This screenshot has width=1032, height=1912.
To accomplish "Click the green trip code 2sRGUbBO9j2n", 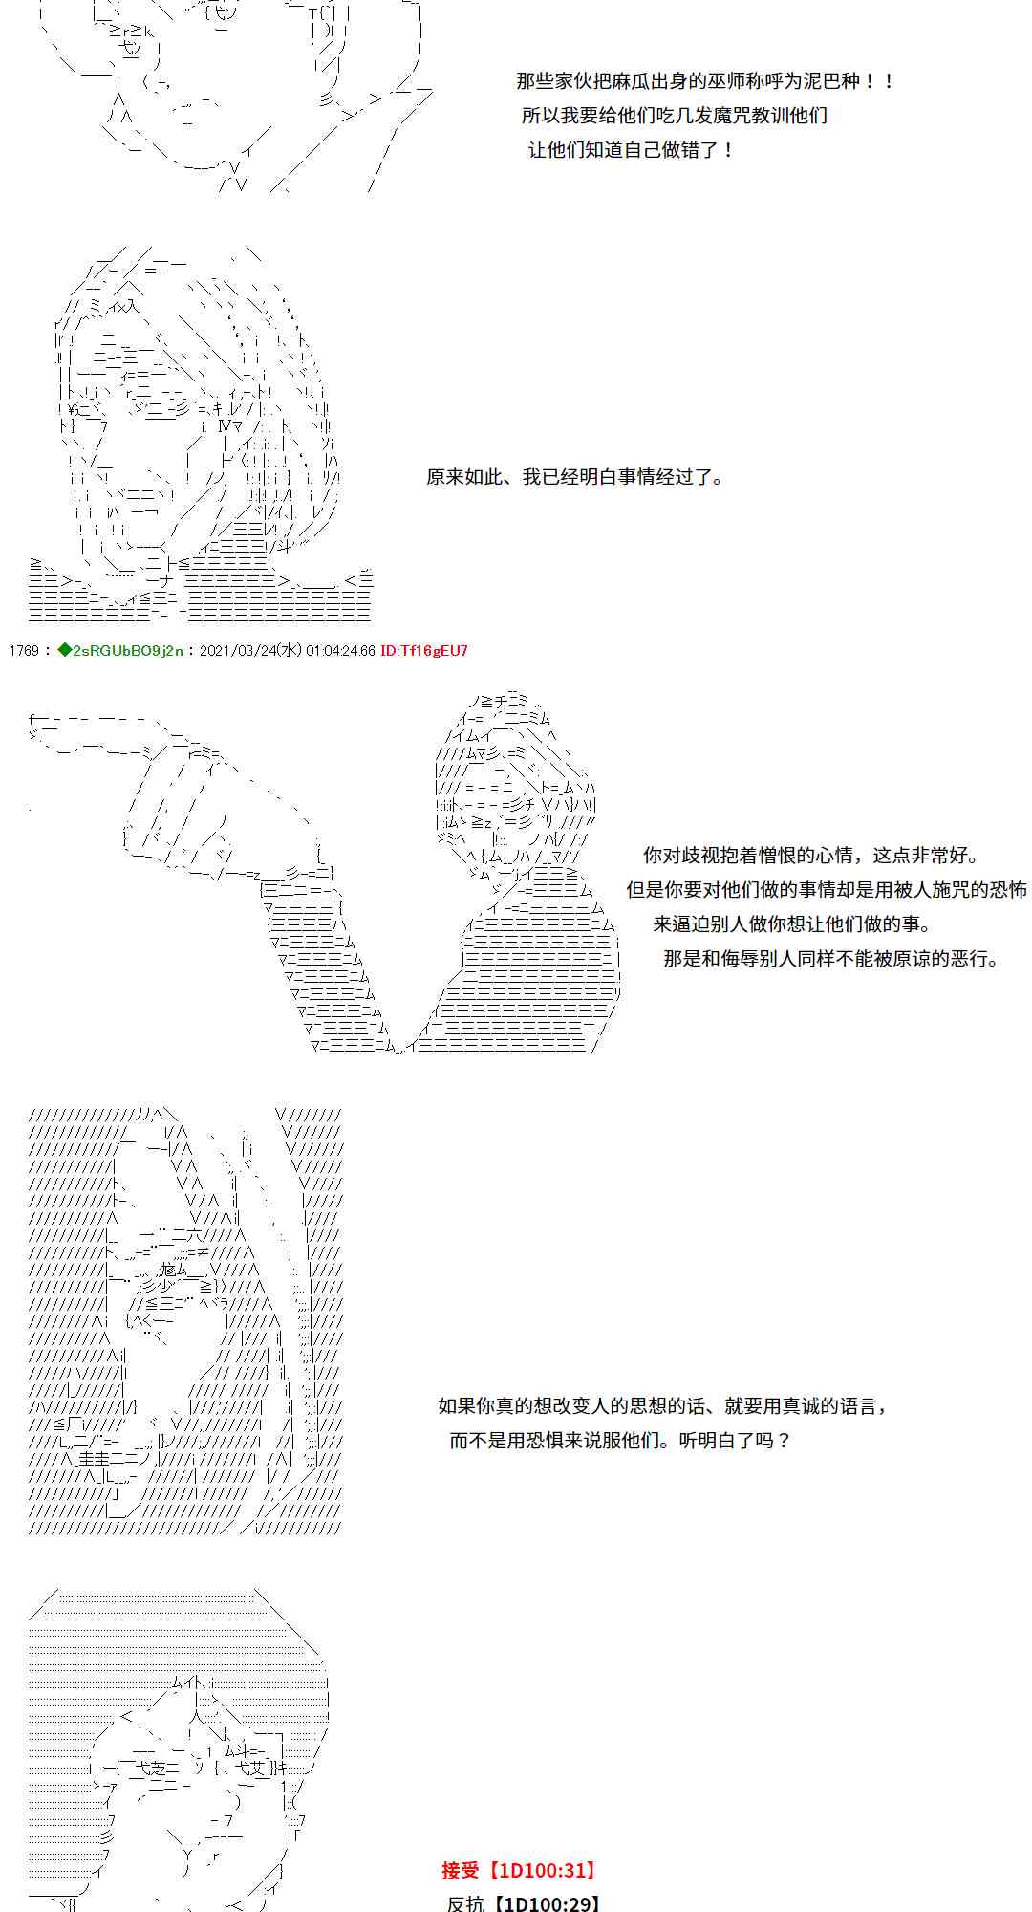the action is point(120,651).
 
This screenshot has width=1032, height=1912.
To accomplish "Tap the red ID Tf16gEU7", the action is point(424,651).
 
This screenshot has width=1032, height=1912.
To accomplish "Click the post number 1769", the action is point(23,651).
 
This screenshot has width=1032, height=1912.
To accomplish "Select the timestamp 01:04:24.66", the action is point(340,651).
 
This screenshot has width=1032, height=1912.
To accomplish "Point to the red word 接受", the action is point(460,1870).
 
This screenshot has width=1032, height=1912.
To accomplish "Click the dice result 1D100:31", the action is point(544,1871).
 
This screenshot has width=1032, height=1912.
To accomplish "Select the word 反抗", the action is point(465,1903).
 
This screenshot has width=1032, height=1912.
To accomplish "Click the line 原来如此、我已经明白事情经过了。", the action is point(576,476).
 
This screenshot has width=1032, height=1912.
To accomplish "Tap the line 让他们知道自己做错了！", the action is point(632,149).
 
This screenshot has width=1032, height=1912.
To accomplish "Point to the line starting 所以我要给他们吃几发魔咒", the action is point(675,115).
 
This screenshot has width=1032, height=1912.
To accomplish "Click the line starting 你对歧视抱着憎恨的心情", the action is point(810,856).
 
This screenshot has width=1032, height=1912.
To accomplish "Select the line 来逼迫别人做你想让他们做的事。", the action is point(792,923).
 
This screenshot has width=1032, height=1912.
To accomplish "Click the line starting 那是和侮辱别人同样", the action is point(830,958).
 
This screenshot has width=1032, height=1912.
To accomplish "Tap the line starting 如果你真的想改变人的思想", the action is point(663,1405).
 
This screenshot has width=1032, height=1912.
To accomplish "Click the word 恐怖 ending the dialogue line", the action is point(1008,889).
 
